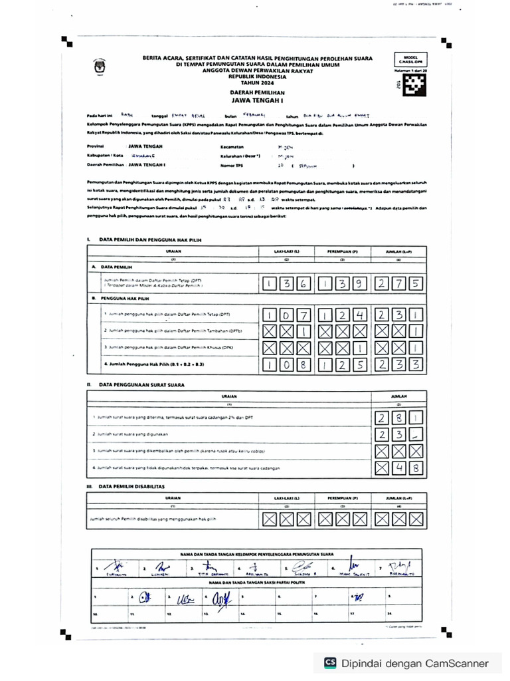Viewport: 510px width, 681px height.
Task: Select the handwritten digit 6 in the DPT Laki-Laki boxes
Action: (303, 284)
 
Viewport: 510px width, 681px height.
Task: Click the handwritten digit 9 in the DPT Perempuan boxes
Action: (358, 284)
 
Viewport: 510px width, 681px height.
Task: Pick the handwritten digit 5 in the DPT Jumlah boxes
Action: (413, 284)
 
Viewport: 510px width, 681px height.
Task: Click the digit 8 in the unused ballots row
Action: (413, 470)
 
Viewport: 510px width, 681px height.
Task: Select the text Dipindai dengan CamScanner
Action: (415, 663)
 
